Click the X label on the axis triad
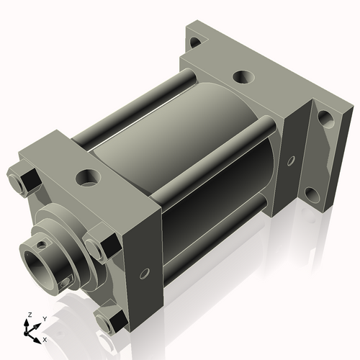(45, 338)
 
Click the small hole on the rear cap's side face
(291, 161)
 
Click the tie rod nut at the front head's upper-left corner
(22, 179)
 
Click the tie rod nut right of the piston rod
(98, 245)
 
